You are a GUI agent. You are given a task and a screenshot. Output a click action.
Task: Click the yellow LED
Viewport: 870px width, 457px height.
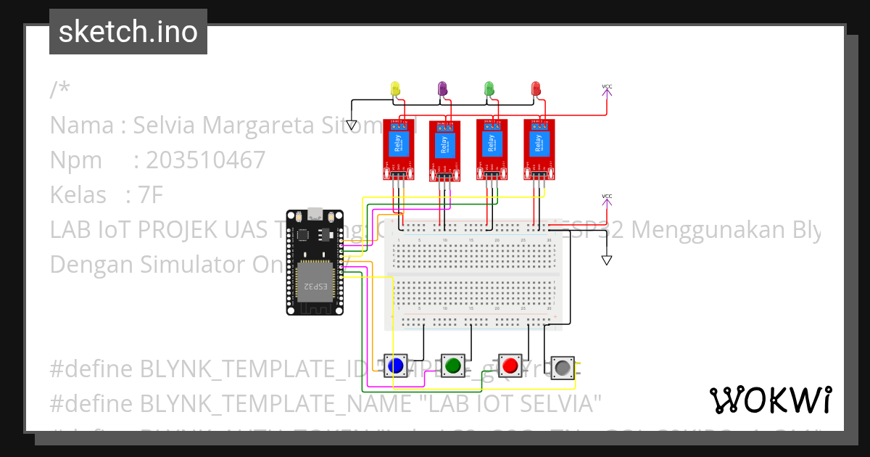click(395, 88)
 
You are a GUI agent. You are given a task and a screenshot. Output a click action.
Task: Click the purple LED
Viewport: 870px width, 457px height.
click(442, 88)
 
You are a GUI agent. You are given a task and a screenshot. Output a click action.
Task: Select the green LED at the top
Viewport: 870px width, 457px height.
click(489, 88)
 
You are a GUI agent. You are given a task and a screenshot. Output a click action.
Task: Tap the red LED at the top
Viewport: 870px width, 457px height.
click(536, 88)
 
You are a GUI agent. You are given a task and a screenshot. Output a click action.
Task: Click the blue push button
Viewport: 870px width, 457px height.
click(396, 366)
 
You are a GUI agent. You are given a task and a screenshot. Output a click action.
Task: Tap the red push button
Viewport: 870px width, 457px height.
click(510, 365)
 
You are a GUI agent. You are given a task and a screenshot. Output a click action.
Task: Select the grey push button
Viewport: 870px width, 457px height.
click(563, 369)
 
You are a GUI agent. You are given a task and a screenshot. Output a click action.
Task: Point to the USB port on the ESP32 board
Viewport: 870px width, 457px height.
click(315, 214)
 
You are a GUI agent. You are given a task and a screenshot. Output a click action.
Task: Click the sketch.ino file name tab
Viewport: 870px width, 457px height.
click(128, 32)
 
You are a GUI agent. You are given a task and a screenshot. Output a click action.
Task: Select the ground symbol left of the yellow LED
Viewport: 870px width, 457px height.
click(352, 125)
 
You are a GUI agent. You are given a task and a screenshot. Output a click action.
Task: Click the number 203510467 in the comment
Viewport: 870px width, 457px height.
click(206, 160)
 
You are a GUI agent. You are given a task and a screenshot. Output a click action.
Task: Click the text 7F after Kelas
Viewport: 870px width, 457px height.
click(152, 195)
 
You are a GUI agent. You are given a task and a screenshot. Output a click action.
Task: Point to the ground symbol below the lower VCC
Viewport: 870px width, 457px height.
click(607, 260)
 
